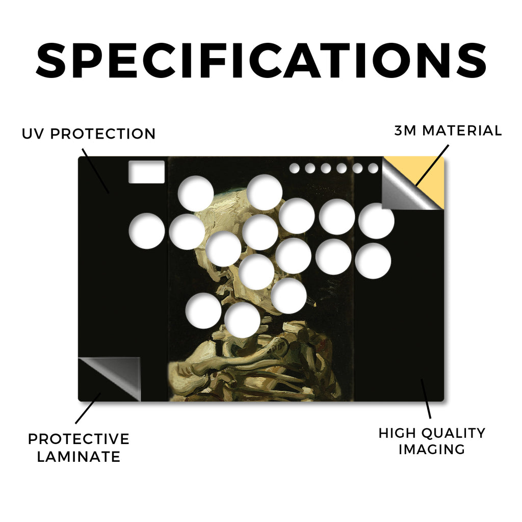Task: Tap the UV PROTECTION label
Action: tap(89, 134)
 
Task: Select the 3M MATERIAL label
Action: tap(448, 130)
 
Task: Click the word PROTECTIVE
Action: tap(79, 439)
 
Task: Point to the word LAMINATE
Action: tap(79, 456)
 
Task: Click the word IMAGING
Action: tap(432, 450)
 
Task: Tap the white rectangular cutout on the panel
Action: tap(146, 172)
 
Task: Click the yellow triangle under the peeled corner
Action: tap(429, 180)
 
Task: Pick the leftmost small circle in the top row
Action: tap(294, 168)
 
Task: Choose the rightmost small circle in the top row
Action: tap(373, 168)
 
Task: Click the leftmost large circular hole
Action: tap(147, 231)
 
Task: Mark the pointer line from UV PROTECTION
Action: tap(95, 171)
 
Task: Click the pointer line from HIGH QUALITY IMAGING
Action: tap(426, 399)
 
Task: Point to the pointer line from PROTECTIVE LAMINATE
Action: tap(88, 408)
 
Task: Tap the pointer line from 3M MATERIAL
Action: tap(432, 165)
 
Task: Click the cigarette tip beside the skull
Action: tap(314, 303)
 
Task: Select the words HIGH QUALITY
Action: tap(432, 433)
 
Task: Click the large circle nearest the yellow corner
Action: tap(376, 221)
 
